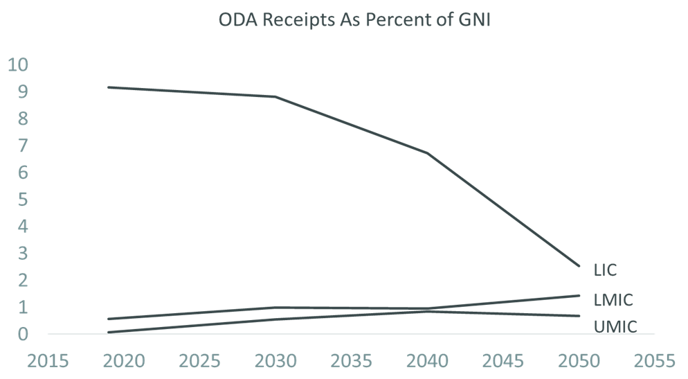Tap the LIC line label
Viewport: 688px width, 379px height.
point(605,270)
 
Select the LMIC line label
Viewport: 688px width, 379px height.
point(614,300)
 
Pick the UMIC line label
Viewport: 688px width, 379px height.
point(615,326)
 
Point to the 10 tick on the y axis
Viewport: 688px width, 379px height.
point(19,65)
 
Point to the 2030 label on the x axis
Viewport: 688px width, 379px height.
point(277,362)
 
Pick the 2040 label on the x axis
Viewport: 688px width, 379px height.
point(428,362)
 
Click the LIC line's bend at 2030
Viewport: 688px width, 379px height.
point(277,96)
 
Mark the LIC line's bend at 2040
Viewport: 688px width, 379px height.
point(428,153)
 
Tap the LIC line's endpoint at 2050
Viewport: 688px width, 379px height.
point(579,266)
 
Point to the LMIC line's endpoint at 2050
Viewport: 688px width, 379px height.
point(579,295)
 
